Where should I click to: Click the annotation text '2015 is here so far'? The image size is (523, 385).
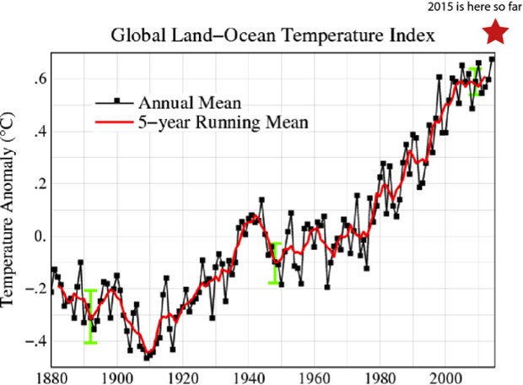click(x=472, y=8)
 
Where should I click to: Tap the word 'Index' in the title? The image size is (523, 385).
click(x=412, y=37)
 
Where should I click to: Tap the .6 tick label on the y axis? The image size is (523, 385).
click(x=35, y=79)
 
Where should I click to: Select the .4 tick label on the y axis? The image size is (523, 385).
click(x=35, y=132)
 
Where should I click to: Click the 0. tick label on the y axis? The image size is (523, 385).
click(x=35, y=236)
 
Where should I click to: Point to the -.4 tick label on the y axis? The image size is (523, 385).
click(x=32, y=341)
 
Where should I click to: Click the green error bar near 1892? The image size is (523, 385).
click(x=90, y=317)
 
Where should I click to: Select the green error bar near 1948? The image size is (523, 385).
click(x=275, y=263)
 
